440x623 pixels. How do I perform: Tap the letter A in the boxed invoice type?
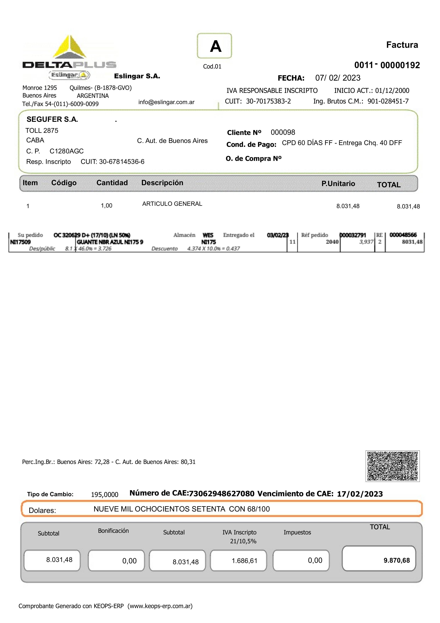(215, 46)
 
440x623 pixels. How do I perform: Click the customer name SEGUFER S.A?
(52, 119)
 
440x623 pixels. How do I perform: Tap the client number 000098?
(283, 132)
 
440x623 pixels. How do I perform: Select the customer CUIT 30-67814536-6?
(121, 162)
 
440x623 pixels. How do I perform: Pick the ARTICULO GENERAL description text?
(172, 204)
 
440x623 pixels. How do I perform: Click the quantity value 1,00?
(107, 206)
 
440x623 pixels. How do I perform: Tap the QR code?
(392, 466)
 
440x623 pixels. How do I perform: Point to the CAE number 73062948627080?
(222, 494)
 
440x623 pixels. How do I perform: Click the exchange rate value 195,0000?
(105, 495)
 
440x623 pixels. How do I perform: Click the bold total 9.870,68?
(396, 561)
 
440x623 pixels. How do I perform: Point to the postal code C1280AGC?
(67, 151)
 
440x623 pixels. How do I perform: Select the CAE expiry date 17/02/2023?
(360, 494)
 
